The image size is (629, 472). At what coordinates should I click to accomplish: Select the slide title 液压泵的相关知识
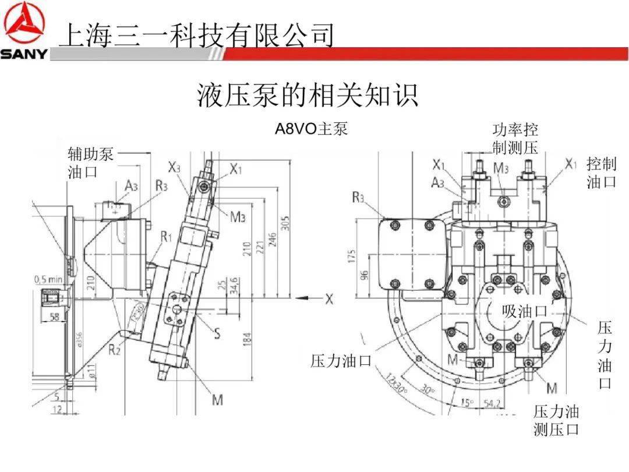308,95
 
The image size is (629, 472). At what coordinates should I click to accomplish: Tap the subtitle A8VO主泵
311,129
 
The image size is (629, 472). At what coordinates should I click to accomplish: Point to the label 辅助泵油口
90,163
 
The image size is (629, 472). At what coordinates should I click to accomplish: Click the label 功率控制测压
515,138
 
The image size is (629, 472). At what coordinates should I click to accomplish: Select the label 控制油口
601,172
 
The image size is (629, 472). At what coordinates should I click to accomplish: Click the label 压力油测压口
556,421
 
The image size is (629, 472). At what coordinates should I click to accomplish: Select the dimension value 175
352,256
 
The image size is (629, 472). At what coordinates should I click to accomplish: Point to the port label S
217,333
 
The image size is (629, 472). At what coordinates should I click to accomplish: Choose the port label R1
167,236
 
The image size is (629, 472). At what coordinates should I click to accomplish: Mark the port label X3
174,168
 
